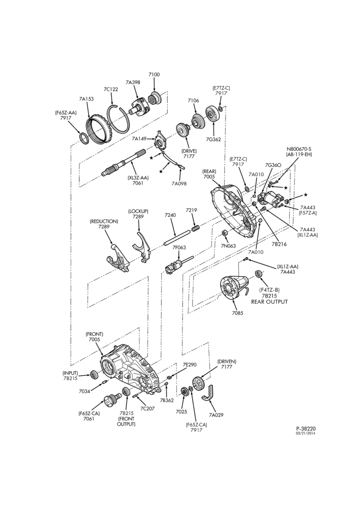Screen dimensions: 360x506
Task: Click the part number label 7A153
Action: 86,99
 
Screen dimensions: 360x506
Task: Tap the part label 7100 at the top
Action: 154,74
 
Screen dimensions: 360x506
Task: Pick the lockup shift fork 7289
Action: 141,246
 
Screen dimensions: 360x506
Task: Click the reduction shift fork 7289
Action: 117,256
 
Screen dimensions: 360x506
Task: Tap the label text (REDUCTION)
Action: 104,222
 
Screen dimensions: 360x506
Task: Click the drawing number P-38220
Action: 306,429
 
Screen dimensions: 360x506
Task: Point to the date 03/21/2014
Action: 306,433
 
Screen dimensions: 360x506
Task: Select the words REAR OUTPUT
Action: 269,302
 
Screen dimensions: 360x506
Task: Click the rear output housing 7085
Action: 234,284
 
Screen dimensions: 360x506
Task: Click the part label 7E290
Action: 190,365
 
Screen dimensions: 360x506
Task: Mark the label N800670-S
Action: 299,149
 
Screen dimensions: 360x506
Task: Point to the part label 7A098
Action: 179,184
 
